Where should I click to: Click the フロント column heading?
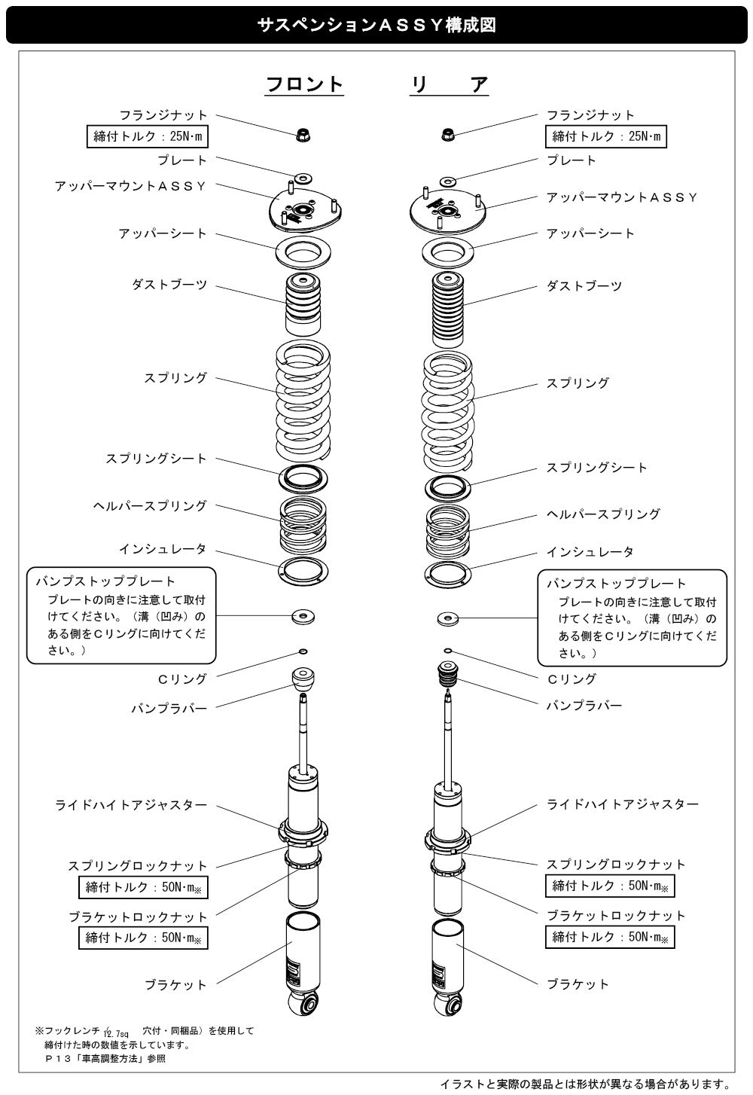pos(304,84)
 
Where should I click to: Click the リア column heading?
pos(450,84)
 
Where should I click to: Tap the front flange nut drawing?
pos(303,136)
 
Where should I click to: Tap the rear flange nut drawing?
pos(447,135)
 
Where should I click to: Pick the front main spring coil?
pos(302,400)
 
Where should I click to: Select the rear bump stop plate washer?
pos(448,619)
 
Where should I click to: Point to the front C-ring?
pos(303,651)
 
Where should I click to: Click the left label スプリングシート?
pos(156,458)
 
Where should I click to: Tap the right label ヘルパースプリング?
pos(603,514)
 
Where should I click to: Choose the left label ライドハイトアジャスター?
pos(131,804)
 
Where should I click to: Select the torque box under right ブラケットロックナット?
pos(610,937)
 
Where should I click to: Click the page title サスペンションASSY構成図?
pos(376,25)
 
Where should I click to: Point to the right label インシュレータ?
pos(590,551)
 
